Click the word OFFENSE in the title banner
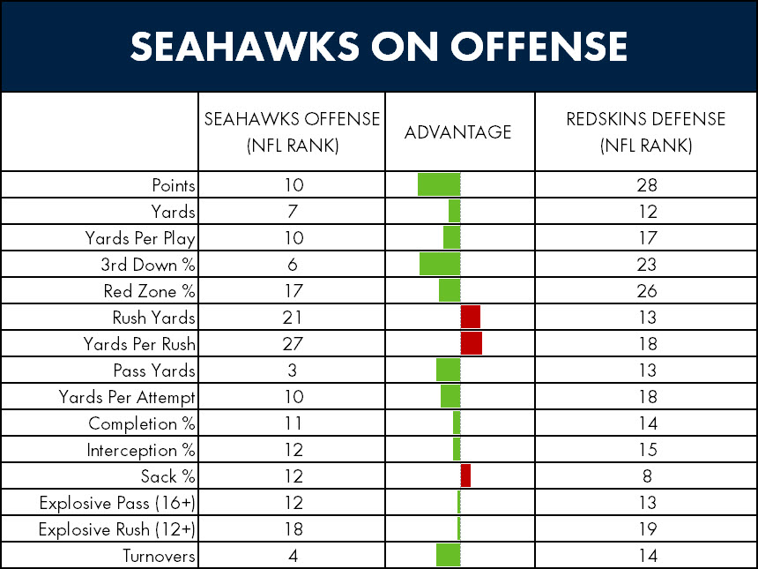point(539,47)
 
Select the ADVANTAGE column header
point(457,132)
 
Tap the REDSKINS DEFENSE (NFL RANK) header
point(646,132)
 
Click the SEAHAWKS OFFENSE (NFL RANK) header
point(292,132)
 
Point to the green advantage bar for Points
point(439,184)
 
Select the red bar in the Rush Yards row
point(471,317)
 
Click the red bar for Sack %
point(465,475)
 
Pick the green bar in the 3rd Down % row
point(440,264)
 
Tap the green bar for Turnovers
point(448,555)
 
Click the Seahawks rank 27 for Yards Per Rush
point(293,343)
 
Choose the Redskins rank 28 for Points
point(647,185)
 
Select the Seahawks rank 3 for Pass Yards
point(292,371)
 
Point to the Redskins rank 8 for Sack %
point(647,476)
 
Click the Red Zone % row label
point(149,291)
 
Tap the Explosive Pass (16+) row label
point(117,503)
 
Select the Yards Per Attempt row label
point(127,397)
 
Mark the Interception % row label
point(141,450)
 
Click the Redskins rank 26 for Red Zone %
point(647,291)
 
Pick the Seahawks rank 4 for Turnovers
point(293,556)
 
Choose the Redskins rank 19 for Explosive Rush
point(647,528)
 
